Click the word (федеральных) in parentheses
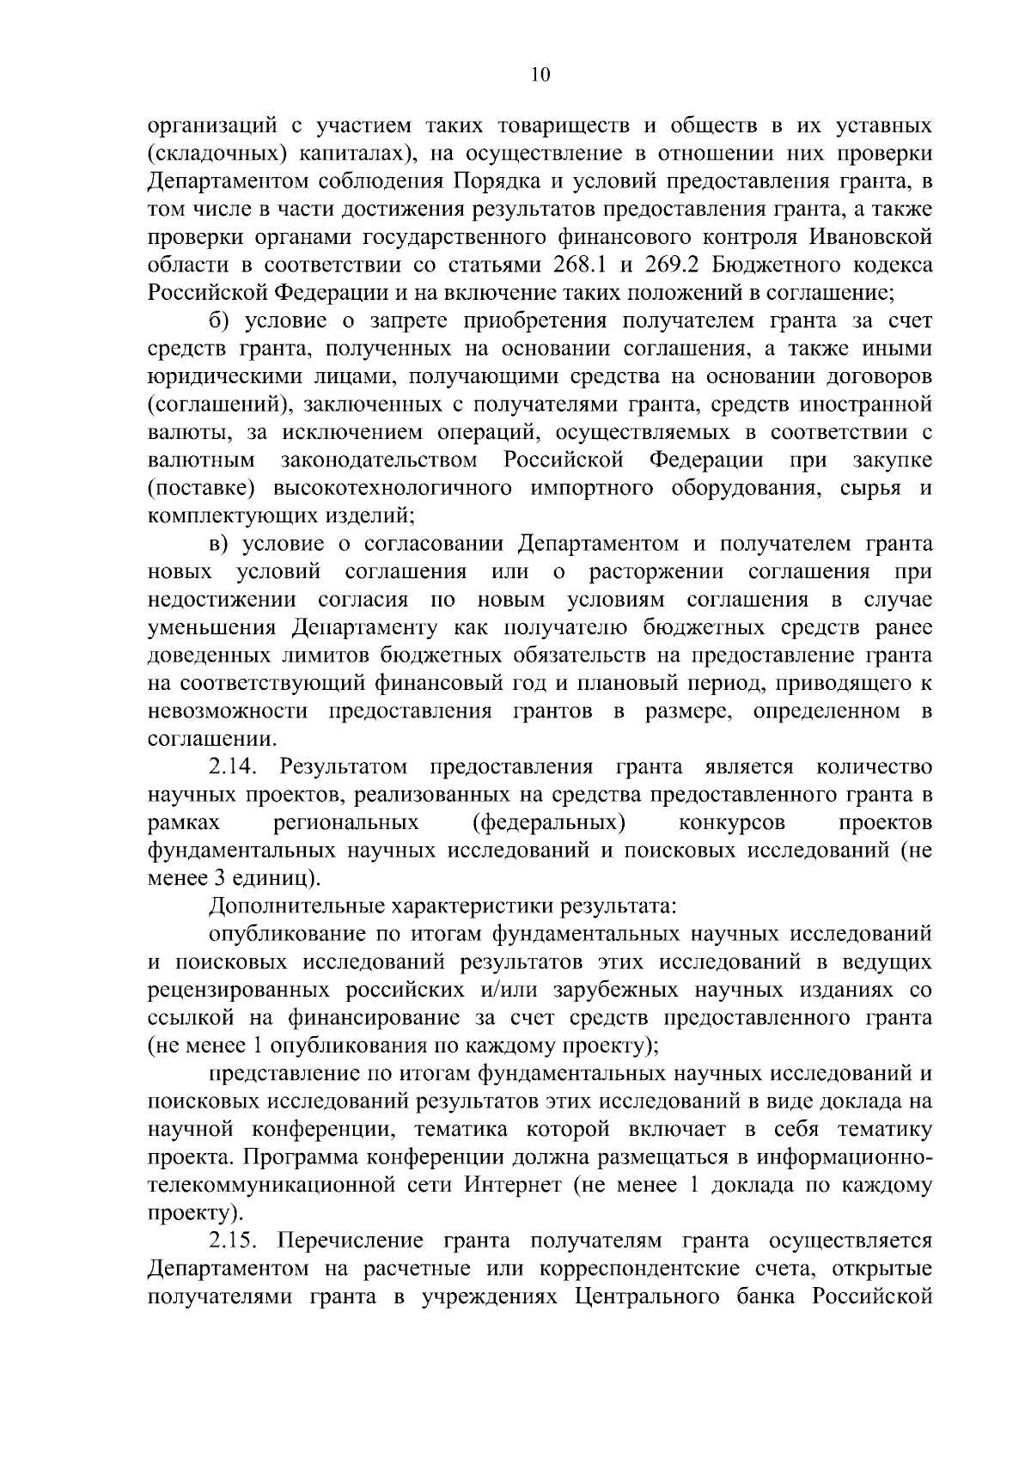[549, 823]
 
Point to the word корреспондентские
[677, 1269]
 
